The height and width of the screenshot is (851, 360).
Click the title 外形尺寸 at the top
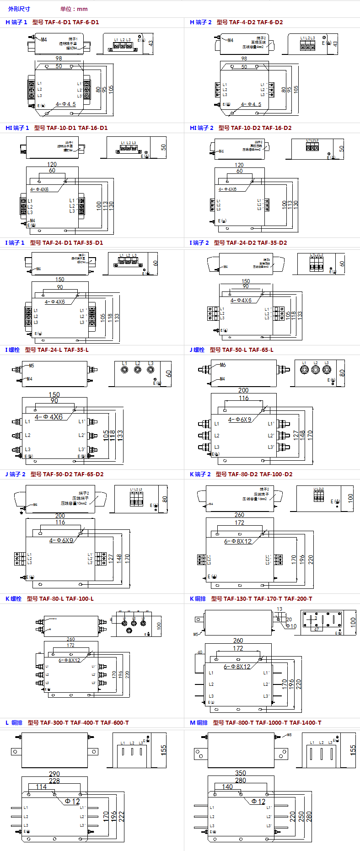coord(19,9)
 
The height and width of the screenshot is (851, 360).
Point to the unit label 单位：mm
coord(74,9)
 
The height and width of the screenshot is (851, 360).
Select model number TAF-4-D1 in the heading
coord(58,22)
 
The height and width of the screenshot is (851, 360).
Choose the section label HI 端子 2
coord(202,128)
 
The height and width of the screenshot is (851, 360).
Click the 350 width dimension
coord(241,773)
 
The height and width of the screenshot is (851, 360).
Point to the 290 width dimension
coord(54,774)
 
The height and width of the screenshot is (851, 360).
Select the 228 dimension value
coord(54,781)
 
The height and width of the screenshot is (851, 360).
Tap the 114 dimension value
coord(41,787)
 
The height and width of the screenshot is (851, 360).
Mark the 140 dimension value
coord(227,787)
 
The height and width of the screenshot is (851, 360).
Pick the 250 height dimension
coord(301,816)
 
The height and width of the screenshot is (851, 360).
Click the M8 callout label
coord(289,735)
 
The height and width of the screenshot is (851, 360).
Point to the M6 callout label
coord(223,365)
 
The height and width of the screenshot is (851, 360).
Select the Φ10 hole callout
coord(291,626)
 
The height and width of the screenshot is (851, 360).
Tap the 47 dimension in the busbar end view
coord(316,630)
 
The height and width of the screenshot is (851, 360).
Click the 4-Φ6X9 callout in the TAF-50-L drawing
coord(240,420)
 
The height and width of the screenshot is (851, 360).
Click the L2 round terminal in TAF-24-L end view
coord(138,369)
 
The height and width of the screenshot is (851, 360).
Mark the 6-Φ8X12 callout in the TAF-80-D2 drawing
coord(238,541)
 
